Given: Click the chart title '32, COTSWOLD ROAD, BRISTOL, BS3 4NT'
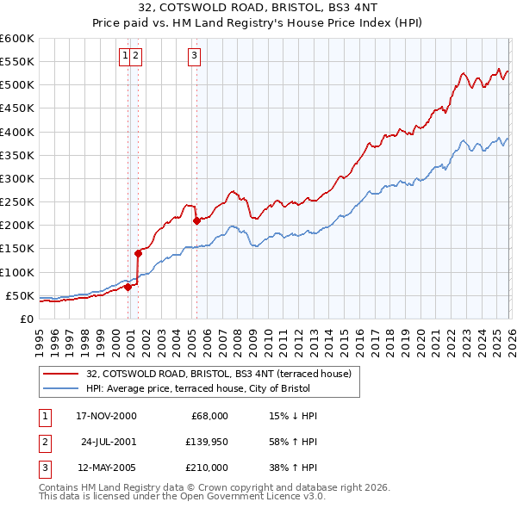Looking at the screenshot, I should click(x=258, y=9).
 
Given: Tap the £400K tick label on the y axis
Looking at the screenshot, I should click(x=16, y=132).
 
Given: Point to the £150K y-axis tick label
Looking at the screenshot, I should click(x=16, y=249).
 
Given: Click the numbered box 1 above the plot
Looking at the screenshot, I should click(x=126, y=57).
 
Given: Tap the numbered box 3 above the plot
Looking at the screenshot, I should click(x=195, y=57).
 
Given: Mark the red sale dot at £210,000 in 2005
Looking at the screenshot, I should click(x=196, y=220).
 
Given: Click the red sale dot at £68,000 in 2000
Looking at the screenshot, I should click(x=128, y=287).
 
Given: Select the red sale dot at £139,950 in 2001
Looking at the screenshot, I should click(x=138, y=253).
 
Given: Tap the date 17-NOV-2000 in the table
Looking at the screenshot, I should click(x=106, y=416).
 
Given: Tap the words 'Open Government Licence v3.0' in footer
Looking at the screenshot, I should click(x=252, y=497).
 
